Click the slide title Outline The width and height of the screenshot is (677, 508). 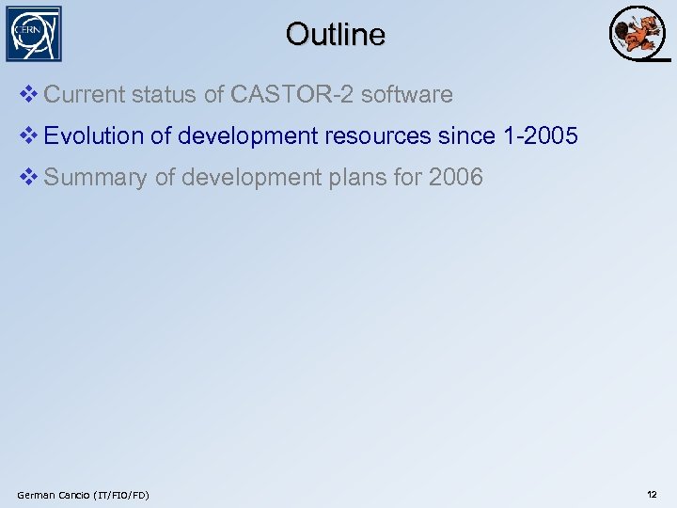[x=336, y=35]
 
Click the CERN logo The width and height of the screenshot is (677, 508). [x=35, y=34]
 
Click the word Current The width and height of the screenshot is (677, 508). [x=84, y=95]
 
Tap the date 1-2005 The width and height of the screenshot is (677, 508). [x=541, y=136]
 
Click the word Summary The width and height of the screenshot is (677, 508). [x=96, y=178]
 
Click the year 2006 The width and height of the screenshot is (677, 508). [x=455, y=178]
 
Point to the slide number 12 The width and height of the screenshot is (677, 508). [x=652, y=495]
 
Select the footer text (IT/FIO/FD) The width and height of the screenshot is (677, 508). [x=119, y=495]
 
